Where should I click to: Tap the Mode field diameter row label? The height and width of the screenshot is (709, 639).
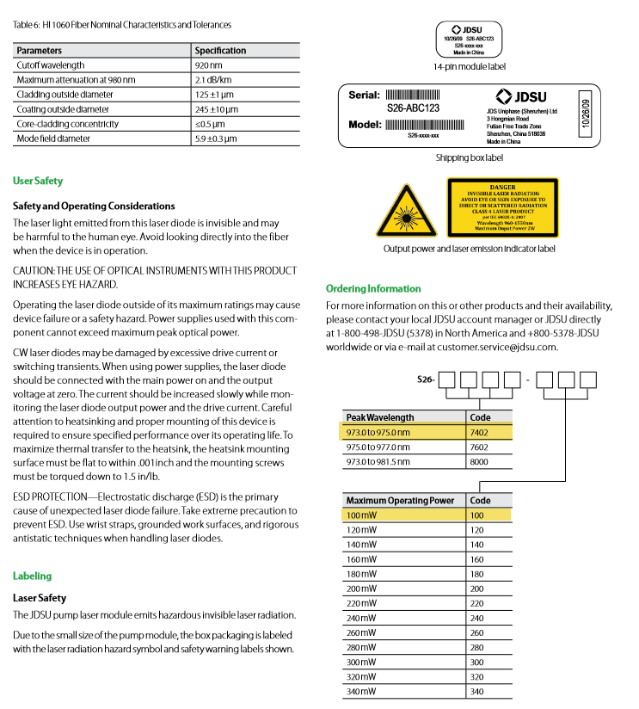point(52,139)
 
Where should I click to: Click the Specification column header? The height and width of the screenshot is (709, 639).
point(220,51)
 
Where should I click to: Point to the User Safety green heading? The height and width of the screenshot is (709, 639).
point(38,182)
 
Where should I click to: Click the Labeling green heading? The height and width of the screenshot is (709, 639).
point(33,576)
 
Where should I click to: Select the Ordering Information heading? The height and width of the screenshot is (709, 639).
point(373,289)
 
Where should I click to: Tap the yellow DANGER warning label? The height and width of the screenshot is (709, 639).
point(502,207)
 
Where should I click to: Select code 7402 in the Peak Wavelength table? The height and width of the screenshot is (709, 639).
point(480,433)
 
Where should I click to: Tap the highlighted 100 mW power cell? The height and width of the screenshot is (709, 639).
point(361,515)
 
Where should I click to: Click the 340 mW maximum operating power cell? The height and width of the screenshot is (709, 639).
point(361,691)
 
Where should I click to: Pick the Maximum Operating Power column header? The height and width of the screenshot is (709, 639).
point(400,500)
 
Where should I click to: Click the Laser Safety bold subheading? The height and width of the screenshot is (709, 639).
point(40,598)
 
